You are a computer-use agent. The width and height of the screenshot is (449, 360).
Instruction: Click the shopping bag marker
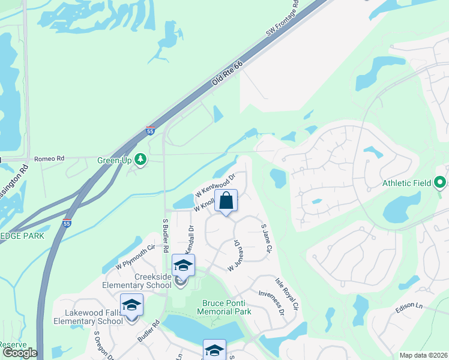pyautogui.click(x=226, y=200)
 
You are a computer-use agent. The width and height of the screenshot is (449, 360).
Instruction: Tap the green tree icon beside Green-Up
pyautogui.click(x=140, y=160)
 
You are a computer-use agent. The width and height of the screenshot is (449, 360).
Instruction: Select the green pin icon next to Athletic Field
pyautogui.click(x=440, y=181)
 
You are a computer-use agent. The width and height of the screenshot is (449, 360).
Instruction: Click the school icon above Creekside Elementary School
pyautogui.click(x=183, y=265)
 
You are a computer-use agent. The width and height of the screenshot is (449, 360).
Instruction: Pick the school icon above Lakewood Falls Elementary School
pyautogui.click(x=131, y=305)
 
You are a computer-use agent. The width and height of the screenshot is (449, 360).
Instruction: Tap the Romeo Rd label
pyautogui.click(x=49, y=158)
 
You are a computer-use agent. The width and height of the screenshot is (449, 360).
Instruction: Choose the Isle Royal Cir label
pyautogui.click(x=286, y=294)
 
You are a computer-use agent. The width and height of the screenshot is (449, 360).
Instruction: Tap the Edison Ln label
pyautogui.click(x=409, y=307)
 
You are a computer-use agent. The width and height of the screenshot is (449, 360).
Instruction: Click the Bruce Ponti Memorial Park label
pyautogui.click(x=226, y=307)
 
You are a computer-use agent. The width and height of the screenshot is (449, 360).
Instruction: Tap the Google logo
pyautogui.click(x=20, y=353)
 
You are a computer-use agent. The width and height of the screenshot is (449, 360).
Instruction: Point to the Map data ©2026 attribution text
pyautogui.click(x=423, y=355)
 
